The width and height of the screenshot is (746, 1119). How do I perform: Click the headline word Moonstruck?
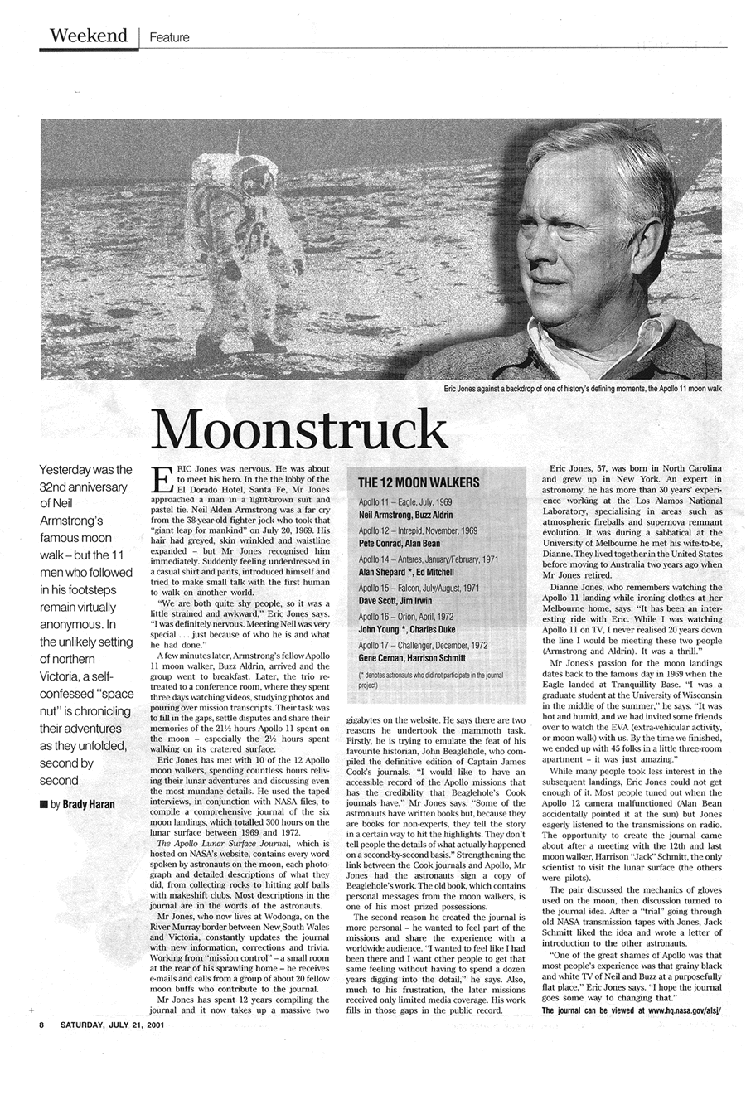299,429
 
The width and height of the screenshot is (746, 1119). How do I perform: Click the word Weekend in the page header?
88,36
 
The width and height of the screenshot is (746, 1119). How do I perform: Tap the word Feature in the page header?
169,37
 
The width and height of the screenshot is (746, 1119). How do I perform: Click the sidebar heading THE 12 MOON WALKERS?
418,482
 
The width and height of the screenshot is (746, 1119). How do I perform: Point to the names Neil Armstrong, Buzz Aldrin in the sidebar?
404,515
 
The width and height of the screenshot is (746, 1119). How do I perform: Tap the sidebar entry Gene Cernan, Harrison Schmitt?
411,658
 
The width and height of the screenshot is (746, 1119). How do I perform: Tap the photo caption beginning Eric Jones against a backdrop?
583,388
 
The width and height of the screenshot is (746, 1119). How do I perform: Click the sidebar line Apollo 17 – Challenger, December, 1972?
423,645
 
